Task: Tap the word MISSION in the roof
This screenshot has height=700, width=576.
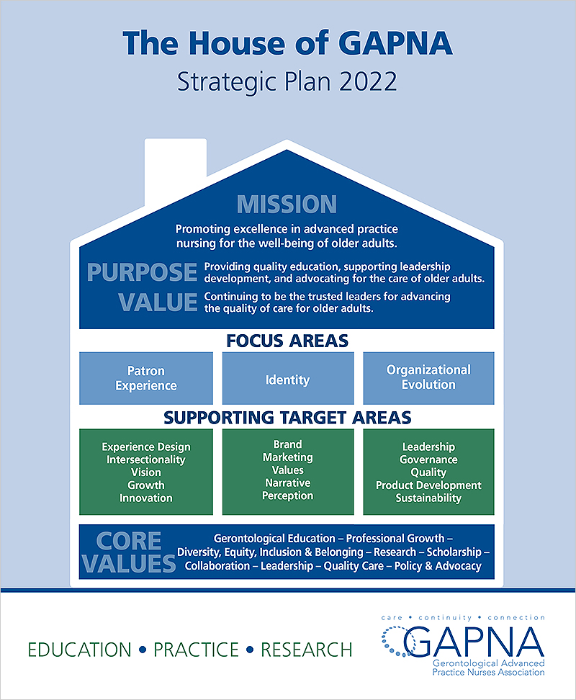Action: point(287,205)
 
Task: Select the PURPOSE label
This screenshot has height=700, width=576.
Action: point(142,272)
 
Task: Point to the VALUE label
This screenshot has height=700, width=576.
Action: point(158,302)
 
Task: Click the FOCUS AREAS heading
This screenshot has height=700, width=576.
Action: point(287,341)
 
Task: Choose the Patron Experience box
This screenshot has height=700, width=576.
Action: point(146,378)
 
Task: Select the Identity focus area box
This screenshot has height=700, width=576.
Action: point(288,378)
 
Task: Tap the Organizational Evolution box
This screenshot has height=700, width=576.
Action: point(429,378)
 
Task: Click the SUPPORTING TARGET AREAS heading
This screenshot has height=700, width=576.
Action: point(287,418)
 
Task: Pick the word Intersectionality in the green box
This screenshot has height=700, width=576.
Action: point(146,459)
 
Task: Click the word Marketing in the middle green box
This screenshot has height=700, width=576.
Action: point(288,457)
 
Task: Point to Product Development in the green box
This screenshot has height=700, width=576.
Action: point(429,485)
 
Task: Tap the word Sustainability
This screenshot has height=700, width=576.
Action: point(429,498)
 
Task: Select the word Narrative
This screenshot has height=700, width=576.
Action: point(288,483)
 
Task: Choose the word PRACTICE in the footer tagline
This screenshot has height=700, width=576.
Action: point(197,650)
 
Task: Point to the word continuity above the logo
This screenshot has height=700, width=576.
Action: point(445,618)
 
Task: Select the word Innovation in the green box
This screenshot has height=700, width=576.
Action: point(146,498)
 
